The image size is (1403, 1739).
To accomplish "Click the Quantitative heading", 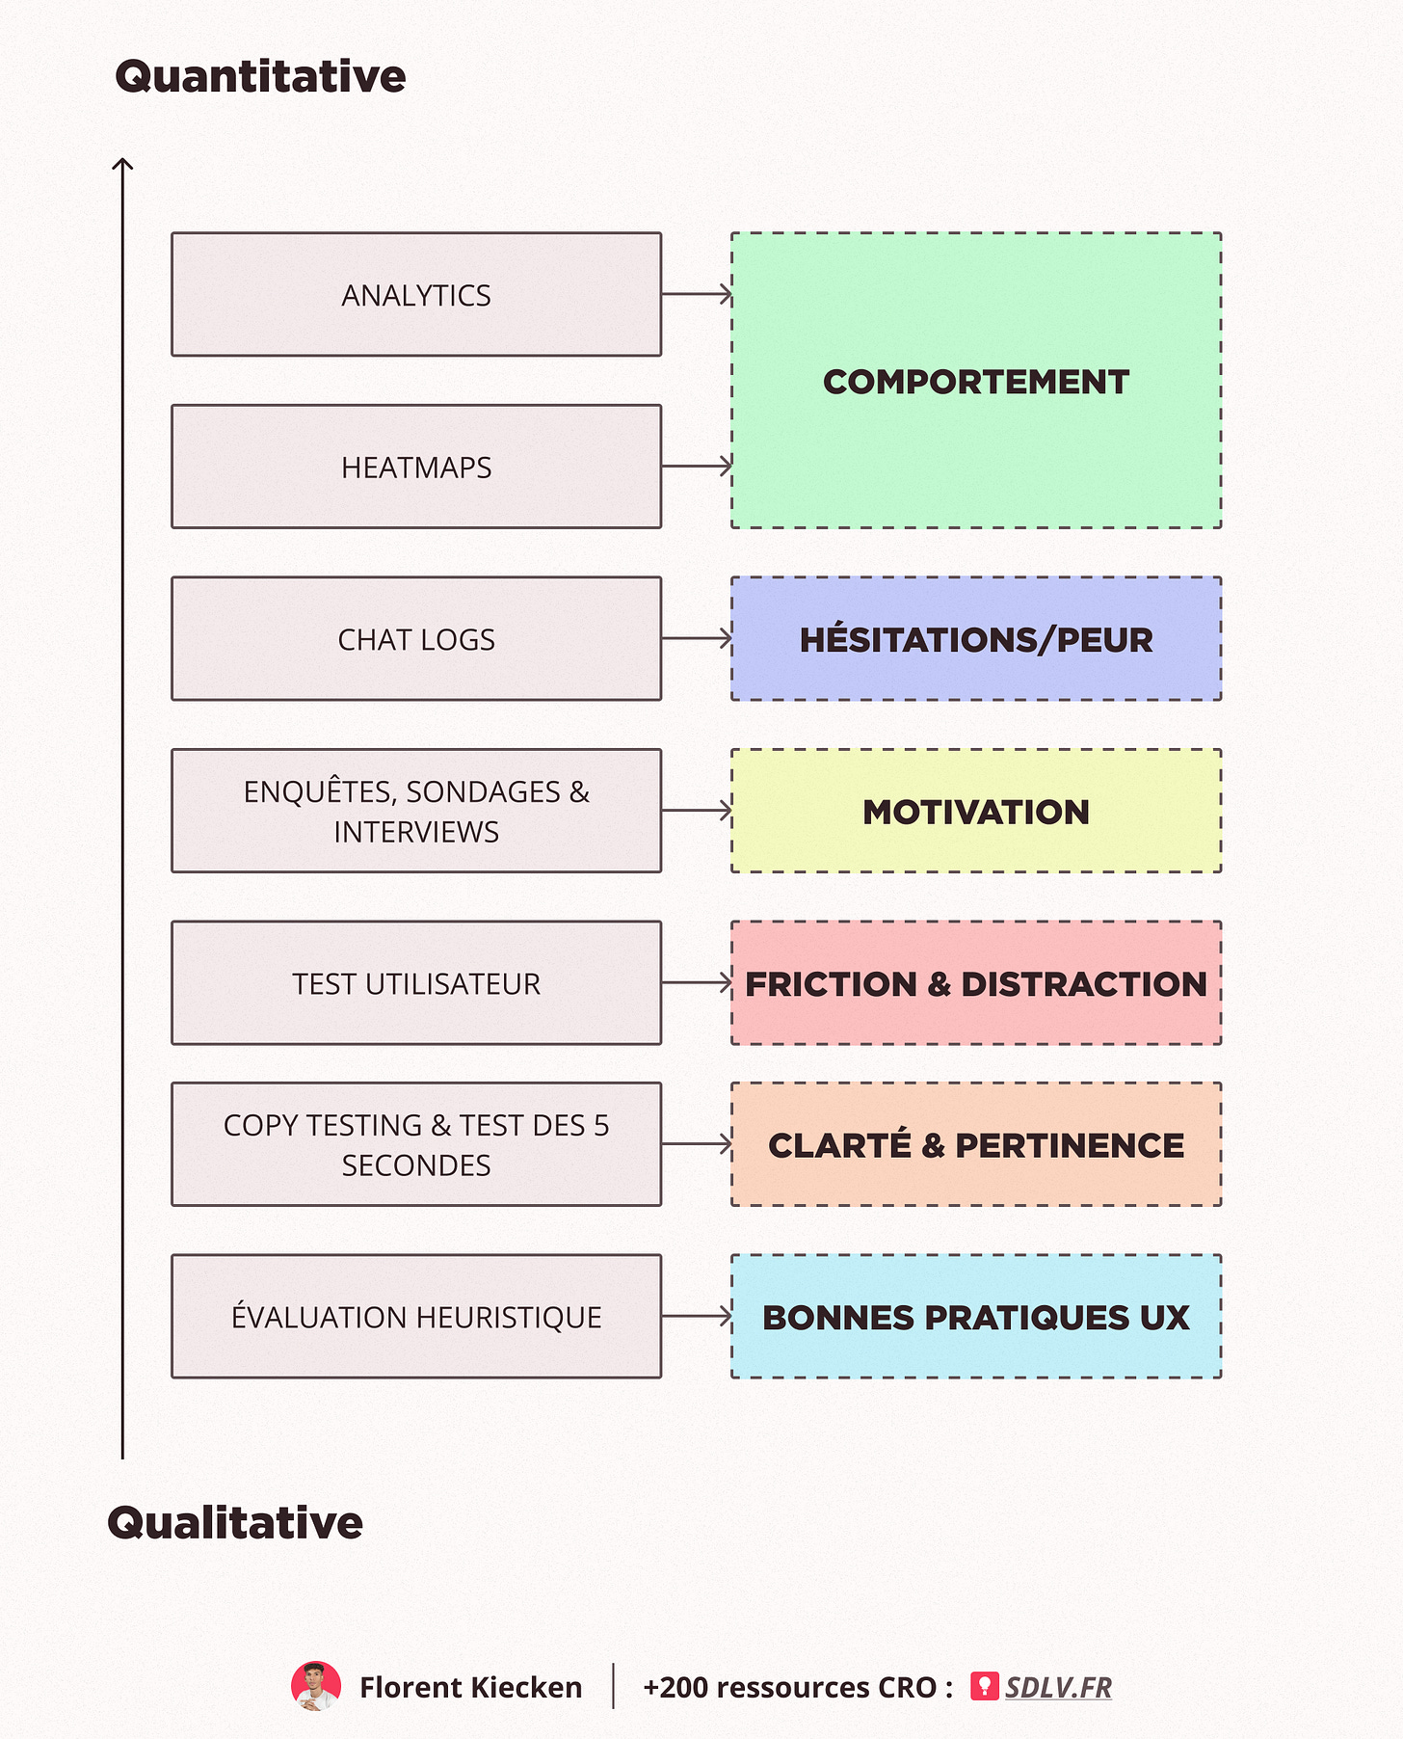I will pyautogui.click(x=260, y=77).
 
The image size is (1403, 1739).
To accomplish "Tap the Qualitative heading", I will pyautogui.click(x=235, y=1523).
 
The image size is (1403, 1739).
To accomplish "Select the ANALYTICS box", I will pyautogui.click(x=416, y=295).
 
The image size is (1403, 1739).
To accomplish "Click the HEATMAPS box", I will pyautogui.click(x=416, y=467).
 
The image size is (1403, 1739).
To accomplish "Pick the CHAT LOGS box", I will pyautogui.click(x=416, y=639).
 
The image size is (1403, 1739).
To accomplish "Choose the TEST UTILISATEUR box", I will pyautogui.click(x=416, y=983).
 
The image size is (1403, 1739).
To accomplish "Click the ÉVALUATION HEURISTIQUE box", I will pyautogui.click(x=416, y=1317).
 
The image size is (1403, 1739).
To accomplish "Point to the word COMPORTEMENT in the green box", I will pyautogui.click(x=975, y=382).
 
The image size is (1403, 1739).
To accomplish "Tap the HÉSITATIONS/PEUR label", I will pyautogui.click(x=975, y=640).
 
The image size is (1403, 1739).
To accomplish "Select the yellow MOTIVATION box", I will pyautogui.click(x=975, y=812).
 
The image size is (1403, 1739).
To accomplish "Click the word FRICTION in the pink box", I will pyautogui.click(x=831, y=984).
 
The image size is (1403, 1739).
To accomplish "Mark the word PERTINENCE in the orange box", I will pyautogui.click(x=1070, y=1145).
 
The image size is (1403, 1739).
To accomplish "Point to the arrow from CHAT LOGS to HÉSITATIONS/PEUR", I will pyautogui.click(x=697, y=638).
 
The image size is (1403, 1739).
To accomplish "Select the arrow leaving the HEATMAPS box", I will pyautogui.click(x=697, y=467).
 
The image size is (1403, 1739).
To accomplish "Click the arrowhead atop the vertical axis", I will pyautogui.click(x=122, y=165).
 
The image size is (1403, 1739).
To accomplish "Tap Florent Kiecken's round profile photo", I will pyautogui.click(x=316, y=1687).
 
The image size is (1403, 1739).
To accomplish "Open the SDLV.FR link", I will pyautogui.click(x=1058, y=1687).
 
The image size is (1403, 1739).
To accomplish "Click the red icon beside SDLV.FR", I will pyautogui.click(x=984, y=1686).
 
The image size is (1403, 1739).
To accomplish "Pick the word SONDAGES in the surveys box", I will pyautogui.click(x=483, y=791).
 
